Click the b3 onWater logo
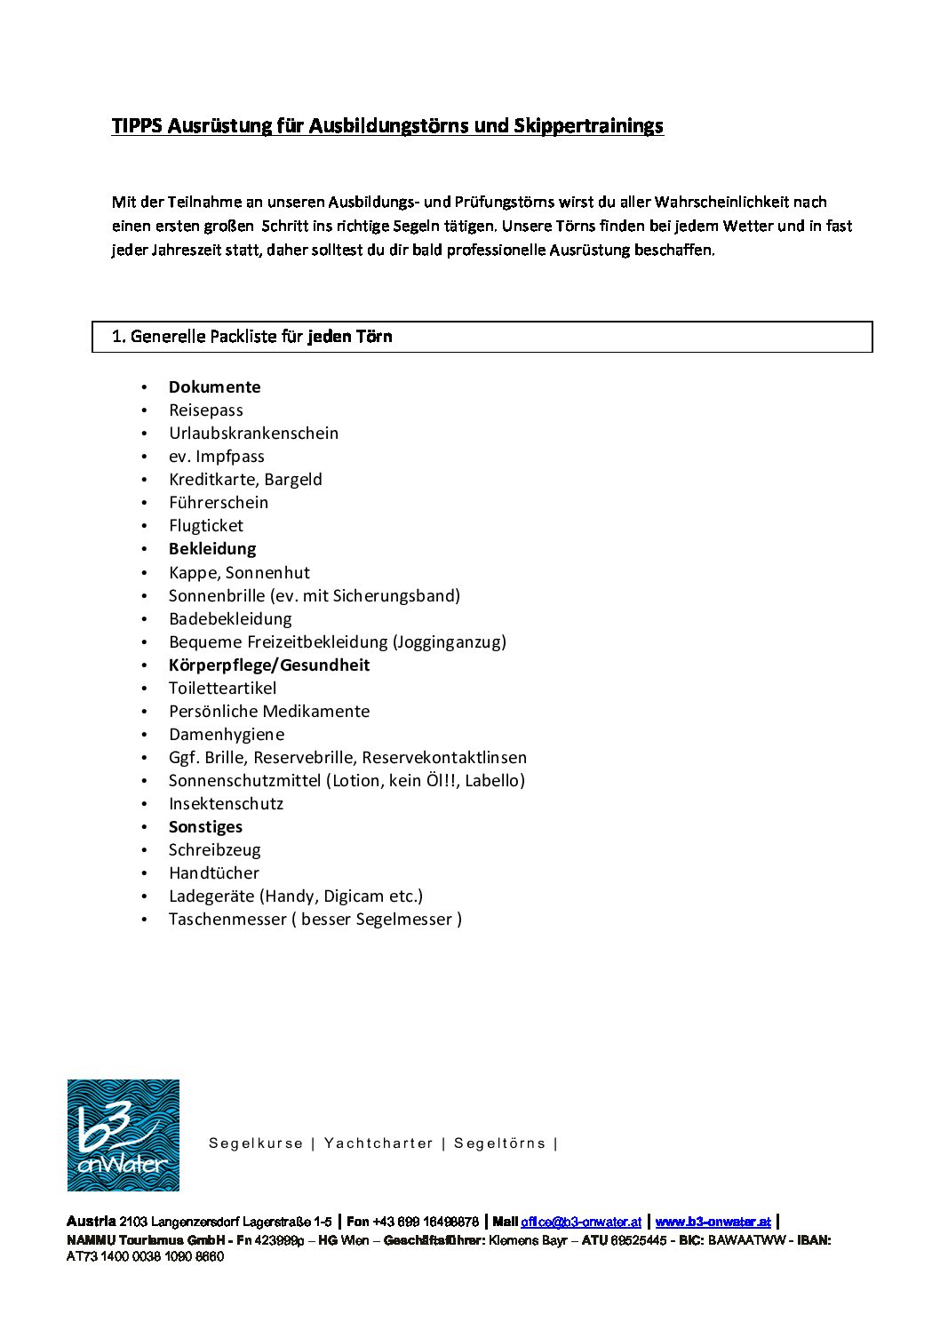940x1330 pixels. [123, 1135]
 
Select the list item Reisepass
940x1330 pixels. [206, 410]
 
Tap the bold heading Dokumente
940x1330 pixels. [215, 387]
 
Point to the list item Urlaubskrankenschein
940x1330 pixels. [254, 434]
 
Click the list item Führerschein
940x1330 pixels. [219, 503]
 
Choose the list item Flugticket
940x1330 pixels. [206, 526]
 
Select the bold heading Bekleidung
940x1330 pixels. [212, 549]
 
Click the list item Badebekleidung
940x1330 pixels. [230, 619]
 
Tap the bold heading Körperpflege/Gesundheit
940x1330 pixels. [269, 665]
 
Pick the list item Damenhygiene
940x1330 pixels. [227, 735]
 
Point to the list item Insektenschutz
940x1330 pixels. [226, 804]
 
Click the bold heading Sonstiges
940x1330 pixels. [205, 827]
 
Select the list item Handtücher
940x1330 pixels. [214, 873]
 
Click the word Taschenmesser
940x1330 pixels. [227, 920]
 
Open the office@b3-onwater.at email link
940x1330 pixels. [581, 1222]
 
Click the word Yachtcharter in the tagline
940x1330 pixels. [378, 1143]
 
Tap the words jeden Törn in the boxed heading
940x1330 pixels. [350, 337]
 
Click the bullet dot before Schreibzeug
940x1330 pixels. [144, 850]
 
